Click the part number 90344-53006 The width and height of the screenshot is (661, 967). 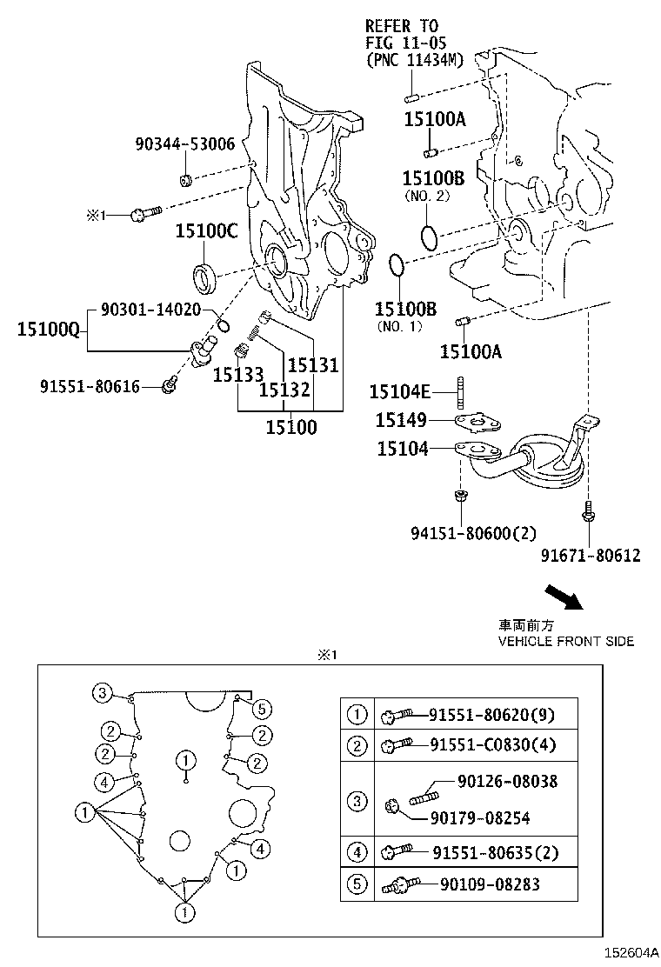tap(184, 144)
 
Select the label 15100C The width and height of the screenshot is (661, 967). tap(206, 231)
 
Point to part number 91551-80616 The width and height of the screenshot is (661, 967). tap(90, 386)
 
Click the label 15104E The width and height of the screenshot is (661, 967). tap(404, 393)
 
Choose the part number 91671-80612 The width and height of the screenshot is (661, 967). tap(590, 555)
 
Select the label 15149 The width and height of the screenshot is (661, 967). tap(401, 421)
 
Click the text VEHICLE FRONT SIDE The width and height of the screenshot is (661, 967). tap(565, 642)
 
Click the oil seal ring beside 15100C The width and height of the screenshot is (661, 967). tap(206, 277)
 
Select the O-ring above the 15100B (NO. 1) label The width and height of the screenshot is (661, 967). tap(396, 265)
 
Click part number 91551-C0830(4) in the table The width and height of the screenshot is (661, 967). tap(491, 744)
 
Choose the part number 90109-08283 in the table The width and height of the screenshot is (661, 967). tap(491, 884)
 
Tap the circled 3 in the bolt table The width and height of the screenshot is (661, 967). tap(357, 801)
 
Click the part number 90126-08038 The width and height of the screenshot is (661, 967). tap(507, 782)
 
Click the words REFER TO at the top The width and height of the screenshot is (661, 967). tap(402, 26)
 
